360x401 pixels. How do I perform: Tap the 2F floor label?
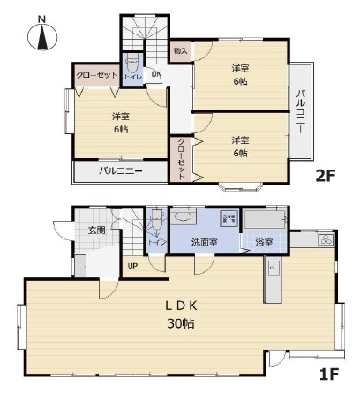tap(326, 175)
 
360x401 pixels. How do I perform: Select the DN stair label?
tap(156, 74)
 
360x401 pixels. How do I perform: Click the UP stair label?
tap(133, 265)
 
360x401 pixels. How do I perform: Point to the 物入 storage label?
tap(180, 52)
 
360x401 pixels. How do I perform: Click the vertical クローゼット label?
tap(182, 159)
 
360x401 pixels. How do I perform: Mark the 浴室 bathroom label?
tap(263, 242)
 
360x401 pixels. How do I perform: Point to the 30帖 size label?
tap(183, 323)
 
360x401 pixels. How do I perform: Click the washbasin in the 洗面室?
tap(184, 216)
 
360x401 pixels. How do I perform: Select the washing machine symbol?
tap(229, 218)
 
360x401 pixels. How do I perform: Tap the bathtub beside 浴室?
tap(266, 218)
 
